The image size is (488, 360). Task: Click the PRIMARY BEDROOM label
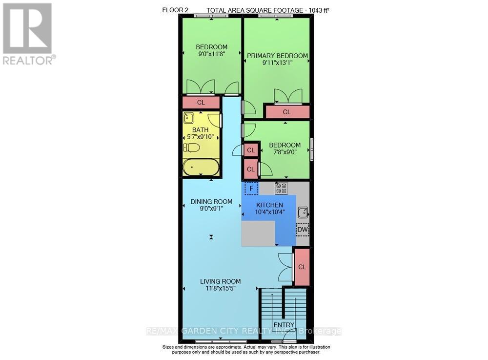(277, 56)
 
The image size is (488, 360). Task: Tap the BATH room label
(201, 130)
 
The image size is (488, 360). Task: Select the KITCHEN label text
(269, 205)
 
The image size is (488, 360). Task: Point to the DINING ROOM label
(211, 201)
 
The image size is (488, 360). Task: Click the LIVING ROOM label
(220, 281)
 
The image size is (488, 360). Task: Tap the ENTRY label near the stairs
(284, 325)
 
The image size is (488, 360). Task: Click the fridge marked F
(251, 189)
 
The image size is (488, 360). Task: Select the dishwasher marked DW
(303, 230)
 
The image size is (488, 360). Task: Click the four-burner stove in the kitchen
(281, 188)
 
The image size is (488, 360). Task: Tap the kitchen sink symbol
(303, 212)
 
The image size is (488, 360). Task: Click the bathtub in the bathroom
(201, 167)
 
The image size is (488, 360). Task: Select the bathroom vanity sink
(188, 118)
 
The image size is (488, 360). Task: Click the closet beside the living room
(302, 267)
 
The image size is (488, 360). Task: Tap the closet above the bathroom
(201, 103)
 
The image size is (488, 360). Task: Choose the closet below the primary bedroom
(287, 112)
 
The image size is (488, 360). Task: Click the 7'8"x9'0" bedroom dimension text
(285, 152)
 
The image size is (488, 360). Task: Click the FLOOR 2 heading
(175, 10)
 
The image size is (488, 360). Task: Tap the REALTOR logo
(29, 34)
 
